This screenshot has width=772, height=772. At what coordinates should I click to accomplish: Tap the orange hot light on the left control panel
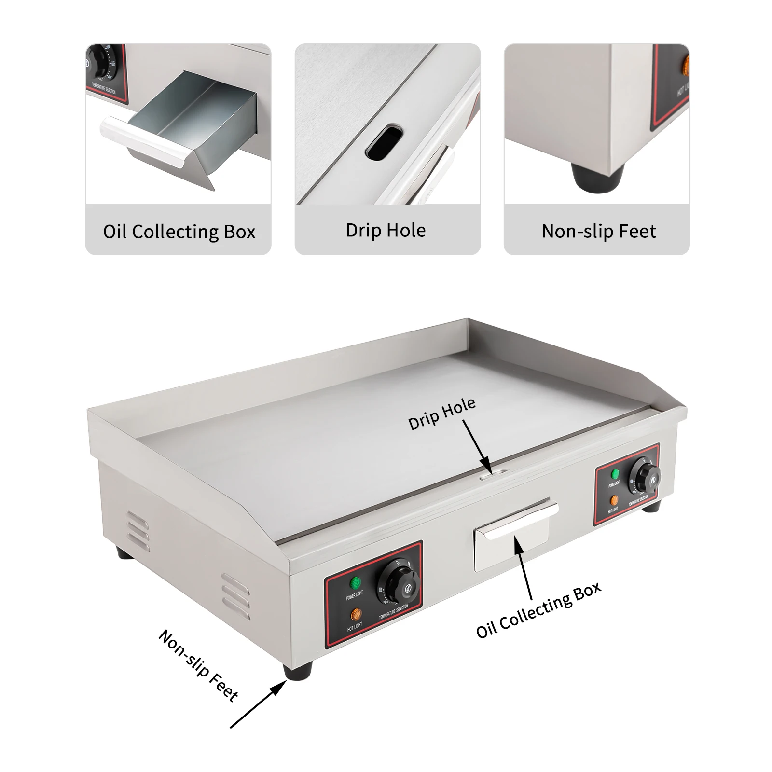[x=356, y=614]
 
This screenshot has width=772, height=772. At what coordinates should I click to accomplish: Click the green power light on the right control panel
[x=615, y=474]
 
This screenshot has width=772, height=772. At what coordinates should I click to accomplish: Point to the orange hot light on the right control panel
[x=613, y=500]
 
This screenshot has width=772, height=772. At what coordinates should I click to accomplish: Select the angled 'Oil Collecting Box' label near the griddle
[x=538, y=610]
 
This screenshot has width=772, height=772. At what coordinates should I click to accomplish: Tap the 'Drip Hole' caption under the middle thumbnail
[x=386, y=230]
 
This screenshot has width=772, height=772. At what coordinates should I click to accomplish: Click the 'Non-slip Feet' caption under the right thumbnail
[x=599, y=231]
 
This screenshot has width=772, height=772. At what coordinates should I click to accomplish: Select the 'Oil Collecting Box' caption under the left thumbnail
[x=179, y=232]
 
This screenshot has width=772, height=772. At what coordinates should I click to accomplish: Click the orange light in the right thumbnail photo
[x=685, y=65]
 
